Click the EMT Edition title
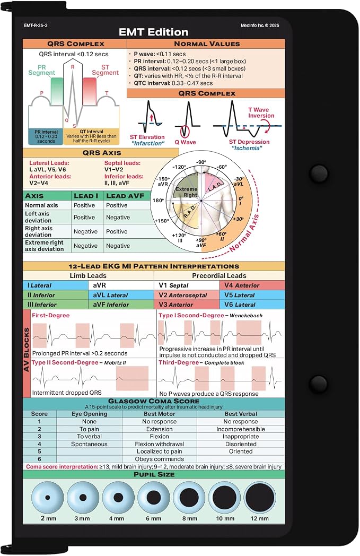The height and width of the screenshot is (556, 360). click(x=153, y=32)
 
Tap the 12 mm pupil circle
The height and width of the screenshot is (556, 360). click(x=260, y=498)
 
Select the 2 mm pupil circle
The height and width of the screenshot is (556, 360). click(x=48, y=498)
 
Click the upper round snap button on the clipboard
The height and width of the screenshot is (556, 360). click(x=318, y=172)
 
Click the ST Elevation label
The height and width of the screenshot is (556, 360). click(x=147, y=137)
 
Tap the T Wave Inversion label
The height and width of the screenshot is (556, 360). click(x=261, y=113)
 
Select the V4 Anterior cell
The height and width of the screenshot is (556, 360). click(x=252, y=285)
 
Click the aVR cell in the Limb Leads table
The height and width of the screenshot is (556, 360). click(x=121, y=285)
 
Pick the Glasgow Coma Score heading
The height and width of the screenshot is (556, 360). click(x=154, y=401)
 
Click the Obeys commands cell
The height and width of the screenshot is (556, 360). click(x=160, y=459)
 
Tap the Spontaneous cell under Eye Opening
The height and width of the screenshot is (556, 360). click(x=89, y=444)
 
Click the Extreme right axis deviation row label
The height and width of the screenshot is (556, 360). click(x=45, y=246)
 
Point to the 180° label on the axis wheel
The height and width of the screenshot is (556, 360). click(x=157, y=201)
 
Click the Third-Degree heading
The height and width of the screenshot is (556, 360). click(x=179, y=362)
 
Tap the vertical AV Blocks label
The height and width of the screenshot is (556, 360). click(x=27, y=350)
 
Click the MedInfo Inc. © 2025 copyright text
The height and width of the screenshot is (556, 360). click(x=260, y=25)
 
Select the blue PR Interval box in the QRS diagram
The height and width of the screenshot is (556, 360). click(x=46, y=136)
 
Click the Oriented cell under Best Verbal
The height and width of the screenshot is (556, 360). click(x=241, y=451)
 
